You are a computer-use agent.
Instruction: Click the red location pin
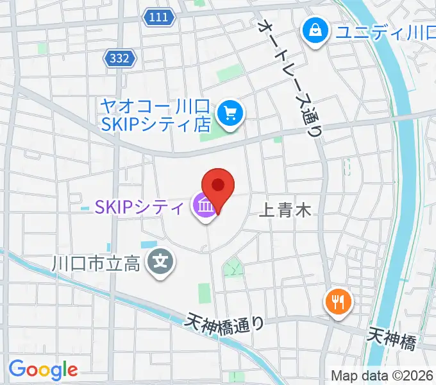coord(217,187)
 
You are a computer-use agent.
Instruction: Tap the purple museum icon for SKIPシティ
coord(205,207)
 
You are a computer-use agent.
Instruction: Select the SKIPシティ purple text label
coord(140,207)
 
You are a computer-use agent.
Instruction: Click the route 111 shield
coord(159,18)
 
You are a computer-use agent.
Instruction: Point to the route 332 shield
coord(119,58)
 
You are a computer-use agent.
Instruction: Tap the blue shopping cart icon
coord(230,114)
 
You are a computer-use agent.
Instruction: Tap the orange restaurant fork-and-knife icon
coord(338,300)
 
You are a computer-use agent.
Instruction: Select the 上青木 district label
coord(285,210)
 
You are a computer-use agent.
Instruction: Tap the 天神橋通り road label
coord(226,321)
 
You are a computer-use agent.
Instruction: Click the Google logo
coord(43,370)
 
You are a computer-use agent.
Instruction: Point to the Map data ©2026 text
coord(382,375)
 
